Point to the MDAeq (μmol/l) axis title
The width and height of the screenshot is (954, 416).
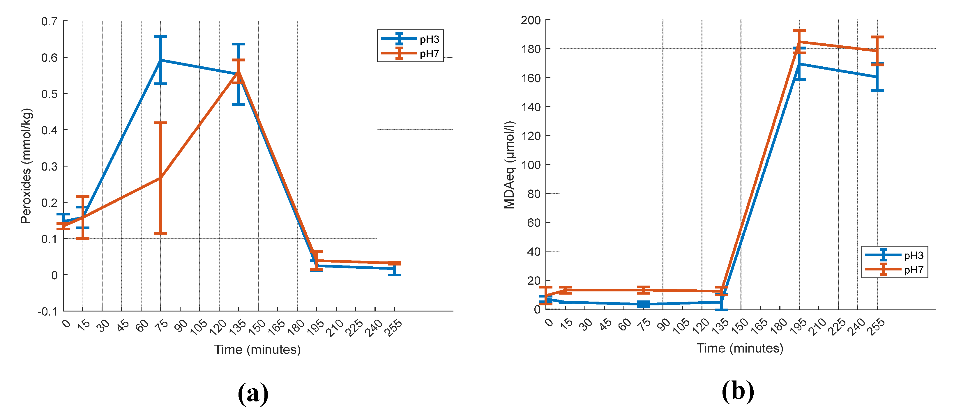[510, 165]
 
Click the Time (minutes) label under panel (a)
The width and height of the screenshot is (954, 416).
[257, 349]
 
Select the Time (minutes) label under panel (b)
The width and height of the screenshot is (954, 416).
[740, 348]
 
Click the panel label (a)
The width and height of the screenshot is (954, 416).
[253, 393]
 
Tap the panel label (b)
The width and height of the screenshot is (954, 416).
[738, 392]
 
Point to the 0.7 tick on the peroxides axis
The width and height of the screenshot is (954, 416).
[49, 22]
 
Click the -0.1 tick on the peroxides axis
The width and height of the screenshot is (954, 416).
[47, 311]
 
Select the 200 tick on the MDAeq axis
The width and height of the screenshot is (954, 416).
[531, 20]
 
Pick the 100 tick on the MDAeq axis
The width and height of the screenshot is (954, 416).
[531, 165]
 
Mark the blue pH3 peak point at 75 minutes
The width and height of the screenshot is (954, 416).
[160, 60]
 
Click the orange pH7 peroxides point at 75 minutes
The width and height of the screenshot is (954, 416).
[160, 178]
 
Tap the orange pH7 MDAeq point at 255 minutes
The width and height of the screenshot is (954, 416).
[877, 51]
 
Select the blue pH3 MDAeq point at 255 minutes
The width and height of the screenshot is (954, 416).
[877, 77]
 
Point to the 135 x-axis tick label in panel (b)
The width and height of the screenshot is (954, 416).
[720, 326]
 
